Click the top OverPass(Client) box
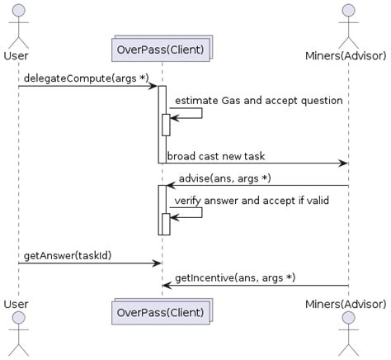click(x=161, y=49)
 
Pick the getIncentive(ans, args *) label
click(x=234, y=277)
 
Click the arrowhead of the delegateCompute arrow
click(x=153, y=86)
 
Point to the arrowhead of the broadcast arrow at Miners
click(x=343, y=163)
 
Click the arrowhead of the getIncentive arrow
click(x=166, y=285)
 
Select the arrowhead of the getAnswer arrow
click(x=156, y=263)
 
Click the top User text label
click(x=16, y=55)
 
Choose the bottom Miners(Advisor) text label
click(x=347, y=305)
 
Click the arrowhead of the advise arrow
click(x=171, y=186)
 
